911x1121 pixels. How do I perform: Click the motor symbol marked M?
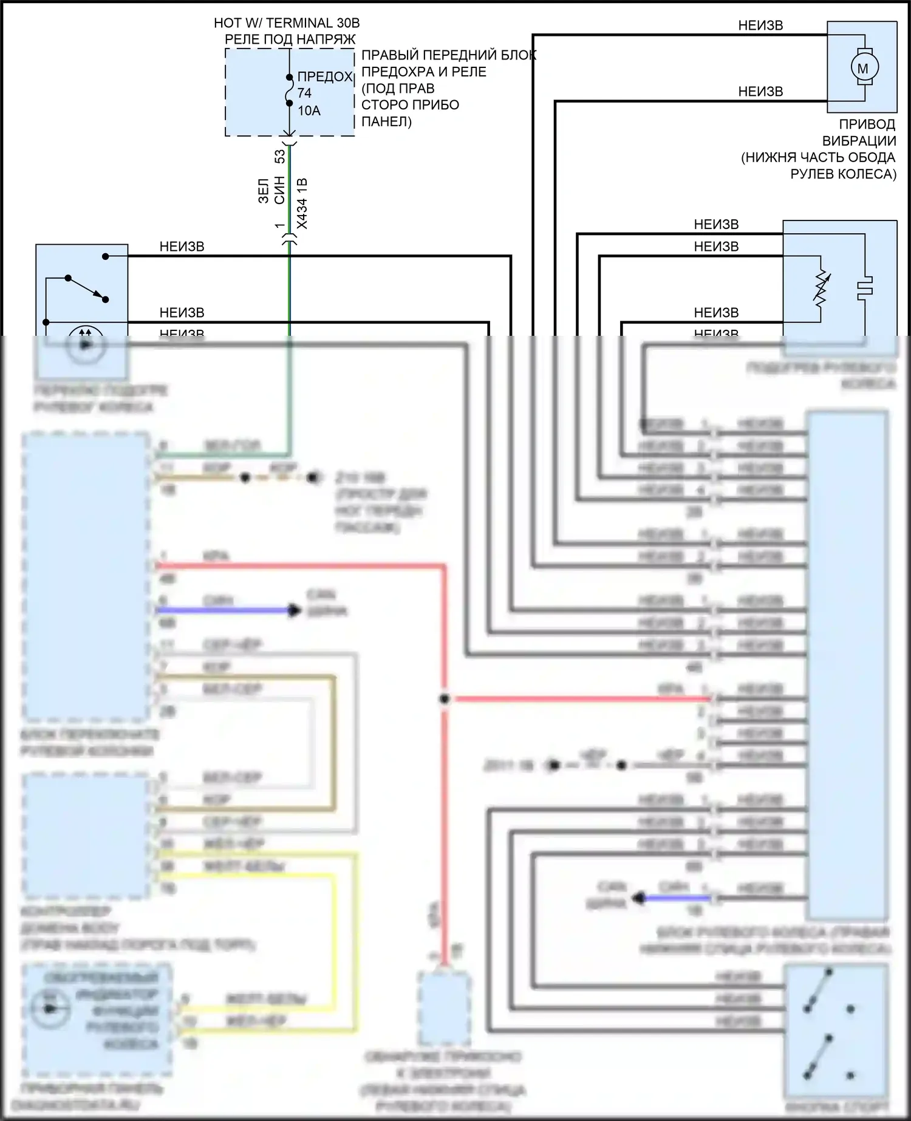(x=862, y=68)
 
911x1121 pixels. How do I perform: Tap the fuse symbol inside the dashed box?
(x=290, y=90)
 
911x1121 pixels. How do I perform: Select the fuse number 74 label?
(x=304, y=93)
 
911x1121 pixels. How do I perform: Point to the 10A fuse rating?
(x=309, y=111)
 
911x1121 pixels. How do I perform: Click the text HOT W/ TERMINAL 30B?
(x=287, y=23)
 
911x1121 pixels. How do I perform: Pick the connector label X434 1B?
(x=302, y=203)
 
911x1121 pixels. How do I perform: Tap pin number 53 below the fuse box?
(x=280, y=157)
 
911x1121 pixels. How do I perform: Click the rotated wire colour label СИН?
(x=279, y=190)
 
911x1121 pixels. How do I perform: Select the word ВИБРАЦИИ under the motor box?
(x=859, y=141)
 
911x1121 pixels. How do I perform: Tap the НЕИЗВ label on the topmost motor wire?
(x=760, y=26)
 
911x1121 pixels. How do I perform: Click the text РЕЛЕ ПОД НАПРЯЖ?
(x=290, y=39)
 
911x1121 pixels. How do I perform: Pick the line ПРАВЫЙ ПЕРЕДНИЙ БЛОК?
(x=449, y=55)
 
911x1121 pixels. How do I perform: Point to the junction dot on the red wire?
(x=445, y=699)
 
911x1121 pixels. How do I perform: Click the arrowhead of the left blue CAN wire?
(x=295, y=610)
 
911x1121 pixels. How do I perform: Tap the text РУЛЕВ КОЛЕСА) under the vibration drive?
(x=843, y=174)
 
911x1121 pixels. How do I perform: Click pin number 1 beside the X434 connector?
(x=280, y=225)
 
